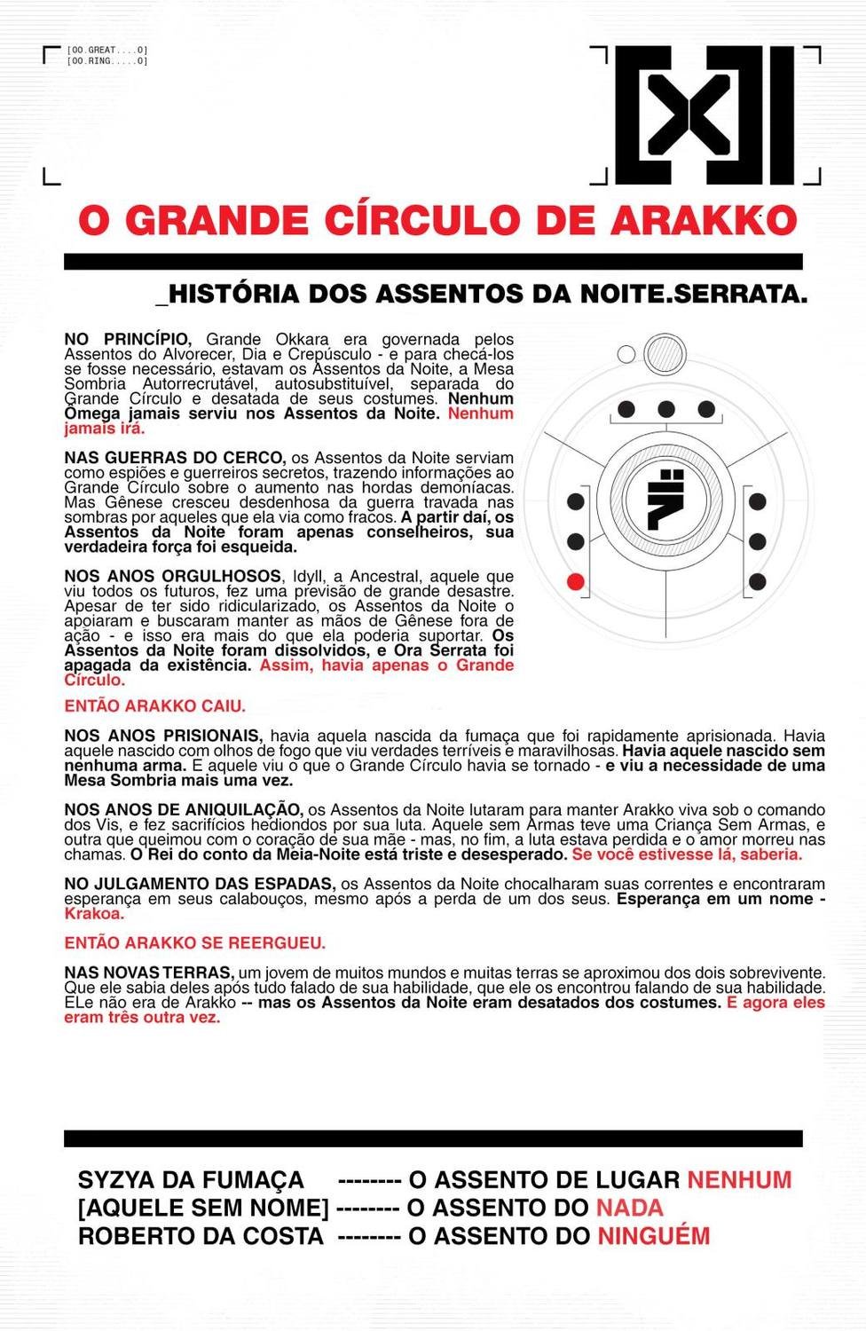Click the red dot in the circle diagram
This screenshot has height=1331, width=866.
575,582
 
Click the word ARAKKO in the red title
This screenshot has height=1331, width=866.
703,221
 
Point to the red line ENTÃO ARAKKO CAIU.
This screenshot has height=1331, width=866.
154,706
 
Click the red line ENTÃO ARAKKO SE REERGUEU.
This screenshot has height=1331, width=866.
194,942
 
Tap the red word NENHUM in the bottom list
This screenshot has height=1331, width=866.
739,1180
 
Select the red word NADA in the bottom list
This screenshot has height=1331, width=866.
629,1208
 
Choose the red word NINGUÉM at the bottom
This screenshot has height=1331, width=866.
653,1236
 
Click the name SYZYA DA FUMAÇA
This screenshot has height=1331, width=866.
191,1180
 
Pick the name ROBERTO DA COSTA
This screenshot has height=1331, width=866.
201,1236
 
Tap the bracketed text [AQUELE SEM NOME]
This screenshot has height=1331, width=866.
203,1208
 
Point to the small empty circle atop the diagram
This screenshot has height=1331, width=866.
626,355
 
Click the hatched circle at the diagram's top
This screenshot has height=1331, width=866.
665,354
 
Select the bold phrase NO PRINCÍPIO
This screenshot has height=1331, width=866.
127,339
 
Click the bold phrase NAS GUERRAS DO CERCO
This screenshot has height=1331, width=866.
174,458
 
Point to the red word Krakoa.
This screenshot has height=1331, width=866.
93,913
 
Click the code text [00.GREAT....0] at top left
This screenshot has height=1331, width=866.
107,51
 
